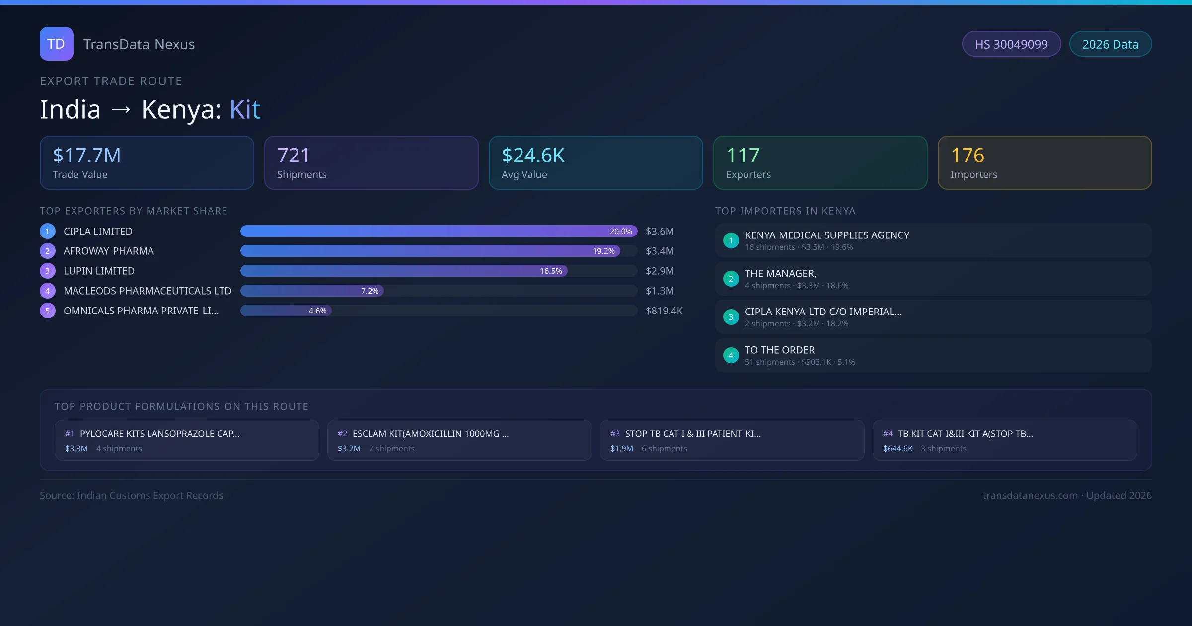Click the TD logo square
(56, 44)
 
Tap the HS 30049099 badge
(1011, 44)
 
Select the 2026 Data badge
(1110, 44)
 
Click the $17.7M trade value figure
(86, 156)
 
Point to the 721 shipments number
(293, 156)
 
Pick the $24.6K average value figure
(533, 156)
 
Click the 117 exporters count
(743, 156)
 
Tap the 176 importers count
(967, 156)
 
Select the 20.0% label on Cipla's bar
(621, 232)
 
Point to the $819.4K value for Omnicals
(664, 311)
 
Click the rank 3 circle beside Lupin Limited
(48, 271)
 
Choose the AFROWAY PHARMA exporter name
(109, 251)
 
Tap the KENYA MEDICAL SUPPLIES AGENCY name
(827, 235)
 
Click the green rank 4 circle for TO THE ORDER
(731, 356)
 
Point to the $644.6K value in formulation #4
(897, 449)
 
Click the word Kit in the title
(245, 110)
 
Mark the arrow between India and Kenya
(121, 110)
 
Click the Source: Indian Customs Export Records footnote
(132, 496)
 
